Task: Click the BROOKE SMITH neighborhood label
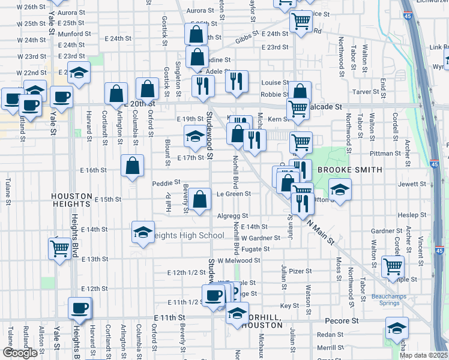pos(349,170)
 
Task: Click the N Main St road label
pos(321,231)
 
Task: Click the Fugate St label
pos(256,248)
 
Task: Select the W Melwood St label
pos(239,260)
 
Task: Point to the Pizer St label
pos(297,271)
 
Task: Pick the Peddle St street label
pos(166,183)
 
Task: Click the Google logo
pos(19,353)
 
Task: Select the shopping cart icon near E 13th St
pos(59,248)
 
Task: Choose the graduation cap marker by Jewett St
pos(340,190)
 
